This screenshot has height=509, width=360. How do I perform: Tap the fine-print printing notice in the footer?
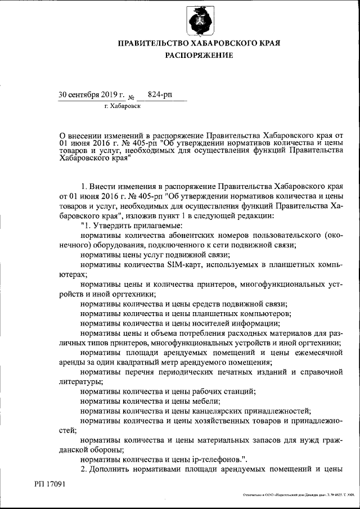298,495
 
